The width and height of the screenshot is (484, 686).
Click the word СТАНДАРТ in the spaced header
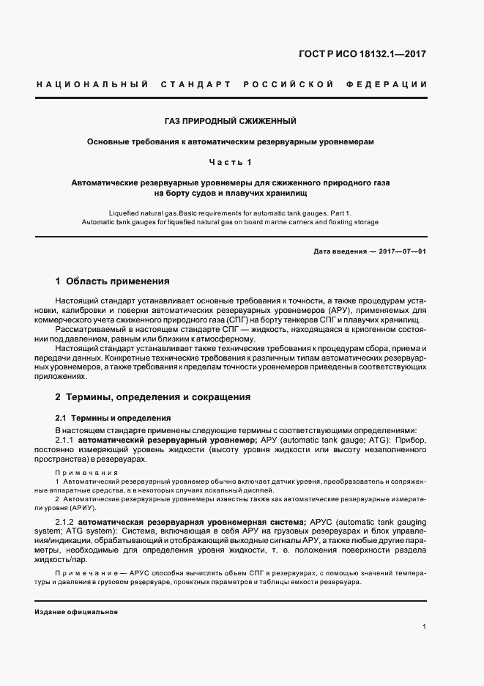193,85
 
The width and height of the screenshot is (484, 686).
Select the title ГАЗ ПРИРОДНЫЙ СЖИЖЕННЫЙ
230,120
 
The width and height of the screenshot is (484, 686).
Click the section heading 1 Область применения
113,281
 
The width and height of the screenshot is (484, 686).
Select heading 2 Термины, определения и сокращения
153,397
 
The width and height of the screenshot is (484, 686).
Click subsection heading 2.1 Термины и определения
103,418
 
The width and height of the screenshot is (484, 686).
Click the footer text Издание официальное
76,611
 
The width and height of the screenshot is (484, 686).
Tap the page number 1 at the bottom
425,627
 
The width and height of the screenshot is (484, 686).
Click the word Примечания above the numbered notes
86,473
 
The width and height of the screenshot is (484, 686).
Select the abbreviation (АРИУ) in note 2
81,507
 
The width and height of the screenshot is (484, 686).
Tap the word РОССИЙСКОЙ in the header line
298,85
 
